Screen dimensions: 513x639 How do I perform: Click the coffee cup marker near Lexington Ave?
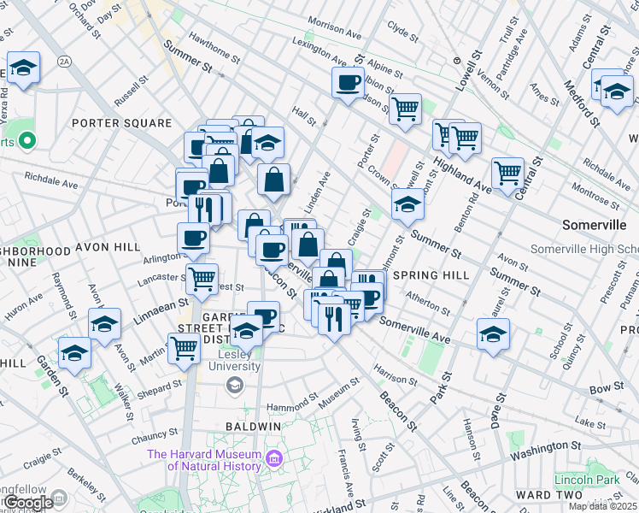click(x=348, y=83)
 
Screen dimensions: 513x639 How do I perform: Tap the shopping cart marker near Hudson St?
click(x=405, y=108)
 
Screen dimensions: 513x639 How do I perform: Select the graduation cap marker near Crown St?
click(x=408, y=204)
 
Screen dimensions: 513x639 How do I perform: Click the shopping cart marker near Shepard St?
click(x=185, y=348)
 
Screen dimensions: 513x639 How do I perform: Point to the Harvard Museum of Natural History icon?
click(x=274, y=460)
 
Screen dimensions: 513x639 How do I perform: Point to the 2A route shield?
click(x=63, y=61)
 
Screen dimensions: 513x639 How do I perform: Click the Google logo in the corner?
click(x=27, y=502)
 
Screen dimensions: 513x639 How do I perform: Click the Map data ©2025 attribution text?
click(x=602, y=506)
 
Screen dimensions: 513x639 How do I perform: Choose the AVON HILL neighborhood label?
click(x=107, y=247)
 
